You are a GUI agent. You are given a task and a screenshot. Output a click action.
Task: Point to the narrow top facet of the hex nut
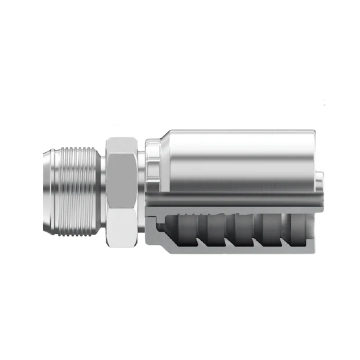(x=122, y=143)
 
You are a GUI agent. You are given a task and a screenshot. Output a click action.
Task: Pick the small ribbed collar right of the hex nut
(x=151, y=159)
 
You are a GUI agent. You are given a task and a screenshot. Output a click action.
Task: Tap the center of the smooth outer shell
(x=237, y=159)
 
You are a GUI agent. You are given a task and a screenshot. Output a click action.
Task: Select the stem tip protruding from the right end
(x=320, y=183)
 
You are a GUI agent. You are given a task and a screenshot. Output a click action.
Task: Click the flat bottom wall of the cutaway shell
(x=237, y=250)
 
